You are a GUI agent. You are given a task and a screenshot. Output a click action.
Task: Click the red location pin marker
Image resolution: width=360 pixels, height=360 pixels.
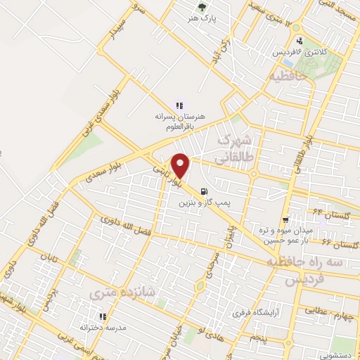181,165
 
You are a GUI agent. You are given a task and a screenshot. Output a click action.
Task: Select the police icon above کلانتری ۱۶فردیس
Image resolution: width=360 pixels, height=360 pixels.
300,41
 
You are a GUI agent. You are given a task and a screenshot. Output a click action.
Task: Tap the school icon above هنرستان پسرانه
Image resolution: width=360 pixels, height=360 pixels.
169,105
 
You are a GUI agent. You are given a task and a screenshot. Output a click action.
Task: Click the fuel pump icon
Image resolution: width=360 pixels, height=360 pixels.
204,191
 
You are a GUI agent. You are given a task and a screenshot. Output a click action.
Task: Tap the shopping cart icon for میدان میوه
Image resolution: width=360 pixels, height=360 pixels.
285,219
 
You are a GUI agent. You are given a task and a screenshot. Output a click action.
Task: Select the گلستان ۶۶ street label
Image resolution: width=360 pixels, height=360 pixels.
341,243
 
